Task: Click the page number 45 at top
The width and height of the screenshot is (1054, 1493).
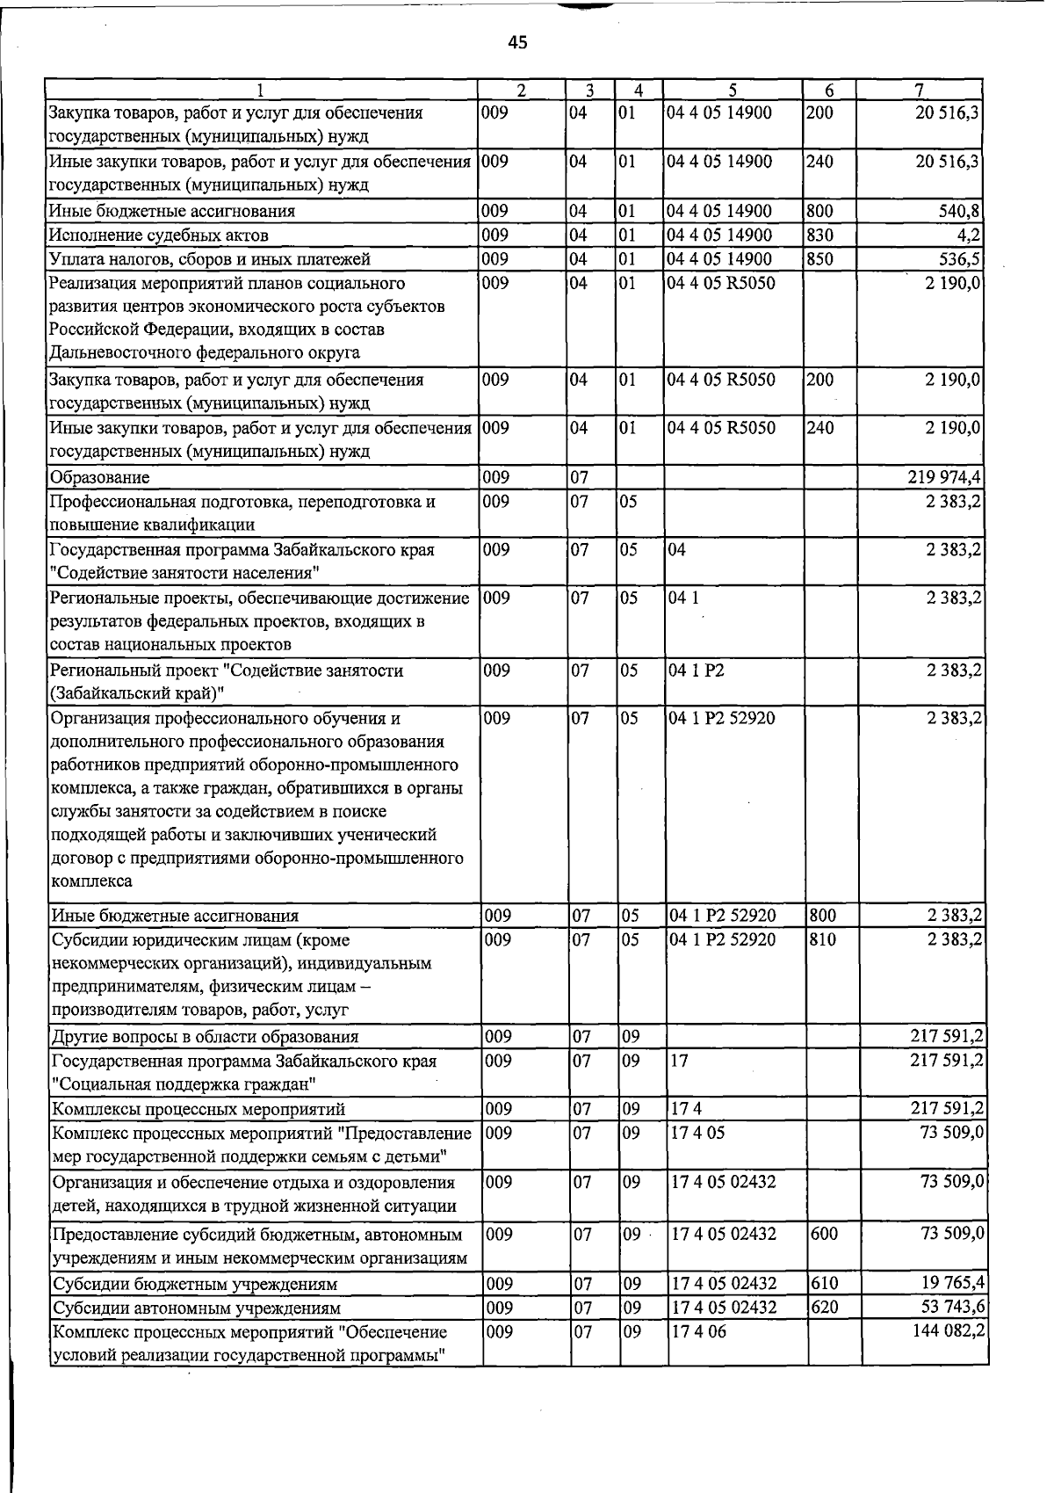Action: point(518,42)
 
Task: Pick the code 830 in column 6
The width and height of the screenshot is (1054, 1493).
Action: point(819,235)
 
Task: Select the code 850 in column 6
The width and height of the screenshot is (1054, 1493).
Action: point(819,258)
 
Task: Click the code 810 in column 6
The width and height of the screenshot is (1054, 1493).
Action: point(823,939)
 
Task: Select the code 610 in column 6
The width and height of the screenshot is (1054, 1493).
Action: point(824,1283)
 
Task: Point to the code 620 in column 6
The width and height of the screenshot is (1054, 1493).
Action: point(824,1307)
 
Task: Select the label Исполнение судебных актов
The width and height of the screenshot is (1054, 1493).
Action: point(159,235)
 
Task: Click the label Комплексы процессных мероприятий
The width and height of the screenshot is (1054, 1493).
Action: point(199,1109)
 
